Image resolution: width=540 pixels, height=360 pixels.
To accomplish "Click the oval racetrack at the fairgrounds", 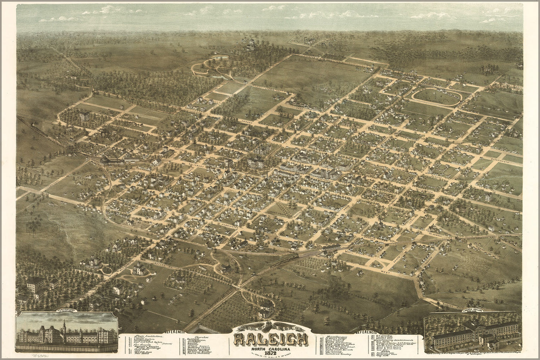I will click(436, 97).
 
